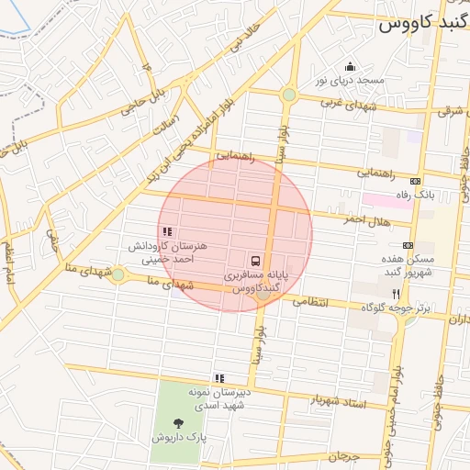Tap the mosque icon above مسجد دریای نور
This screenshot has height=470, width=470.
point(349,66)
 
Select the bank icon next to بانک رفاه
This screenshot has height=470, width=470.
point(416,181)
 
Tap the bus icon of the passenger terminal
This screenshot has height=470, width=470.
point(257,260)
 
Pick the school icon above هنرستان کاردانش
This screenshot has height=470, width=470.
point(166,232)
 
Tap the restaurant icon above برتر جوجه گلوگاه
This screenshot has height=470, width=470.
point(397,294)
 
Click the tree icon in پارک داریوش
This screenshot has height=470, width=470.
point(178,423)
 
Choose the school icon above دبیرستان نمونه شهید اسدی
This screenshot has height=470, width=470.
point(218,377)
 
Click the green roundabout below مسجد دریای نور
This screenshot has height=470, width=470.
point(289,95)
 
